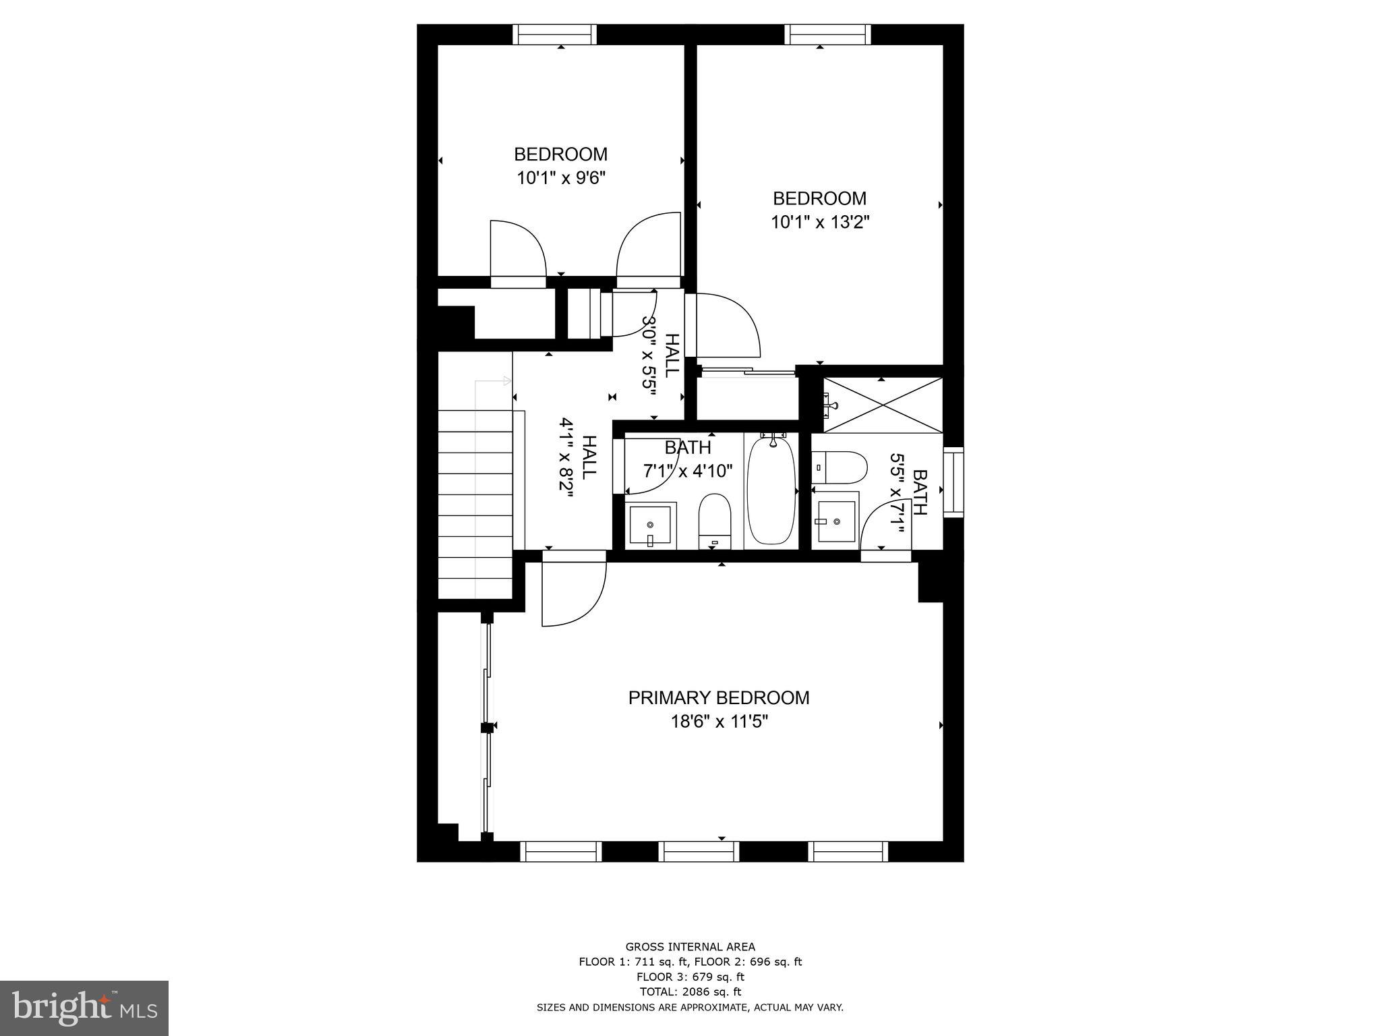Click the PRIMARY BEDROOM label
[718, 697]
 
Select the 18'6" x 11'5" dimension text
[719, 722]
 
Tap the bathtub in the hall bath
[771, 490]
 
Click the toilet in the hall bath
[715, 520]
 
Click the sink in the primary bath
[836, 521]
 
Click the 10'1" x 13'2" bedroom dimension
[820, 223]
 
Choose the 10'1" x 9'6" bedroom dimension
[561, 178]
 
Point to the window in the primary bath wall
[953, 482]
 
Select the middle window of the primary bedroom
[699, 851]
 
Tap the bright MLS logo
[84, 1008]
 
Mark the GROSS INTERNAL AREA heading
[690, 947]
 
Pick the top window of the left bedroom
[554, 34]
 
